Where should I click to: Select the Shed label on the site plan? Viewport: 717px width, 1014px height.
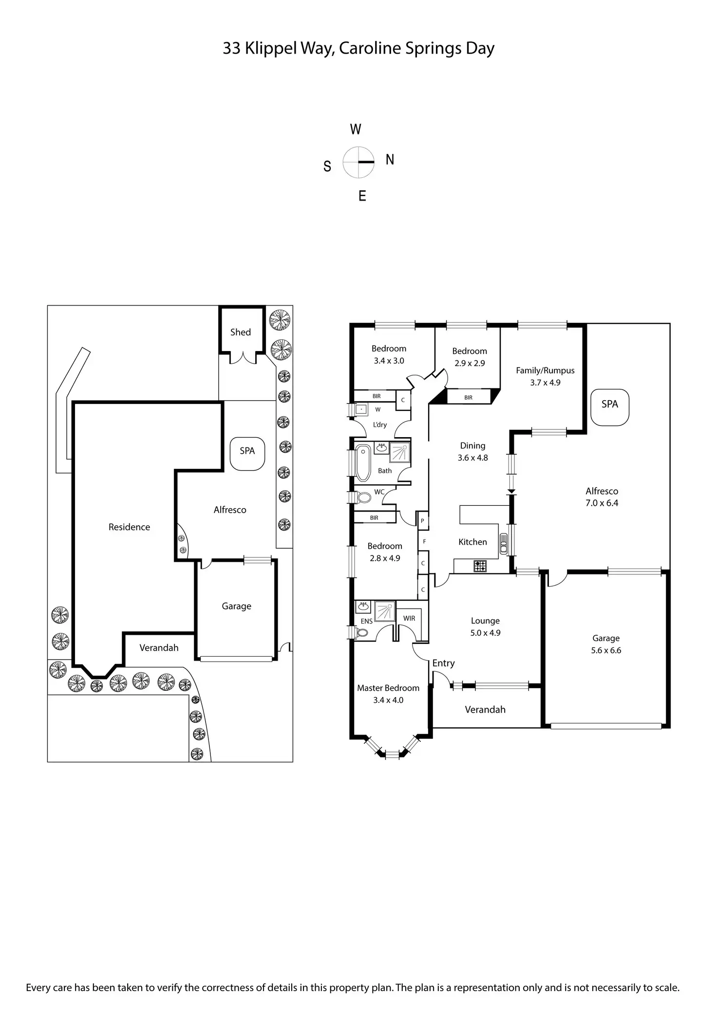tap(241, 332)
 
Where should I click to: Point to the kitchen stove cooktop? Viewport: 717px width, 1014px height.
tap(480, 566)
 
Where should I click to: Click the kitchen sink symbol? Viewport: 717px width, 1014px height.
tap(504, 544)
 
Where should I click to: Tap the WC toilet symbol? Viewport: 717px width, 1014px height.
tap(362, 498)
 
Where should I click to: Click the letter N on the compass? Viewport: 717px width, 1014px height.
tap(390, 160)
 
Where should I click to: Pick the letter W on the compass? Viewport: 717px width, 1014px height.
tap(356, 129)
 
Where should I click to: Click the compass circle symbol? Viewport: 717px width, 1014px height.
tap(358, 162)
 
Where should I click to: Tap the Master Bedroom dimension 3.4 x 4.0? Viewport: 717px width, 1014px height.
tap(388, 700)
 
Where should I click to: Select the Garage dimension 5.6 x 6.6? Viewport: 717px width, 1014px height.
tap(606, 650)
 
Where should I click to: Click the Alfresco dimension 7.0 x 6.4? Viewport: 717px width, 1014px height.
tap(602, 503)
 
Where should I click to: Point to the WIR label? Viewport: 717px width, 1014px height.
tap(409, 618)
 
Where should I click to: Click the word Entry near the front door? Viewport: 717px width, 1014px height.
tap(443, 663)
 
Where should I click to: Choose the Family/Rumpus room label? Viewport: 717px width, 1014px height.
tap(545, 370)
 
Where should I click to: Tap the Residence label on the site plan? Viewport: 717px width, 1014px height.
tap(129, 527)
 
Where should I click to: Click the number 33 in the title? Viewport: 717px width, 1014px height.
tap(231, 49)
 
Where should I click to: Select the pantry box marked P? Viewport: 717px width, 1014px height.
tap(422, 520)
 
